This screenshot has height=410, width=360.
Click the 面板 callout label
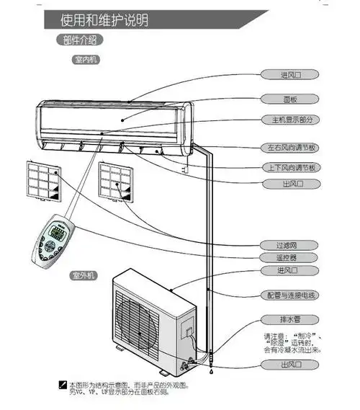tap(289, 97)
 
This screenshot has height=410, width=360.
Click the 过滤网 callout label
tap(289, 245)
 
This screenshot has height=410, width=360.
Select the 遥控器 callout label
tap(289, 257)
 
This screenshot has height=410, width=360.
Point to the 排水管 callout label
tap(289, 319)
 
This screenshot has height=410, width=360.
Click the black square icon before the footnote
tap(63, 387)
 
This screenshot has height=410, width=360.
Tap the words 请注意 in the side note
tap(274, 336)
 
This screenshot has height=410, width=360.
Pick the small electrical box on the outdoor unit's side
tap(189, 334)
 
